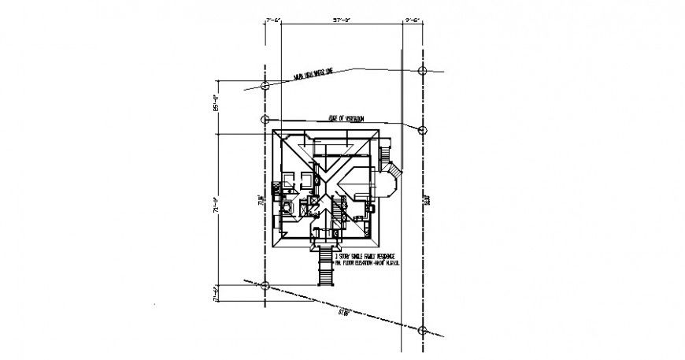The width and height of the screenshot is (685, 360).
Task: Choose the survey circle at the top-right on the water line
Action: tap(422, 71)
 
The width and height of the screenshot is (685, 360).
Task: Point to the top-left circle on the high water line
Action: tap(265, 84)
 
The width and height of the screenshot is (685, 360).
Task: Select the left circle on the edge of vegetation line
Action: tap(265, 120)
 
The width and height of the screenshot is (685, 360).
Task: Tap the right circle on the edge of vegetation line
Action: tap(422, 130)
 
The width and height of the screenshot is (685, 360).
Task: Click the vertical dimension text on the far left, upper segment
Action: tap(215, 102)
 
